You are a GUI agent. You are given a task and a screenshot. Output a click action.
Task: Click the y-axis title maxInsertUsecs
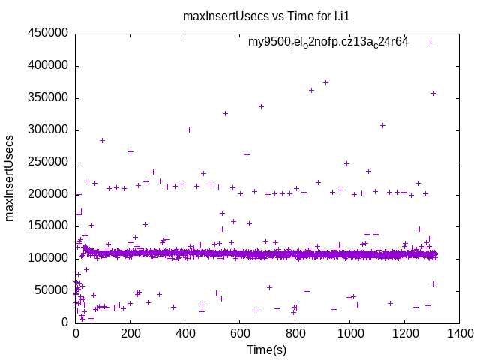coord(10,178)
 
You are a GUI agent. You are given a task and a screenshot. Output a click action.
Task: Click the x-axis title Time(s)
coord(267,349)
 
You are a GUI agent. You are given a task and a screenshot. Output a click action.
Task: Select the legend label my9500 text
coord(328,42)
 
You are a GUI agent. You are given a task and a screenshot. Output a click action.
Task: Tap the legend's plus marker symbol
coord(430,43)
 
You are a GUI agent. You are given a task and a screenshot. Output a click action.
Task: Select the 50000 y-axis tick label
coord(51,290)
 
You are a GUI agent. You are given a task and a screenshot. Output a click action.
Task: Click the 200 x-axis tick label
coord(130,334)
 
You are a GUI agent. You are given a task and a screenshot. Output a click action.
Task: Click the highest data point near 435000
coord(430,43)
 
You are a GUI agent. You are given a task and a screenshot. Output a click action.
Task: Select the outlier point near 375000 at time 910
coord(325,82)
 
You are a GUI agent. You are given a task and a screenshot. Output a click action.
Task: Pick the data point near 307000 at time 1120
coord(382,125)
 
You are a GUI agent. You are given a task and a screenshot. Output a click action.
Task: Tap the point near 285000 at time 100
coord(103,140)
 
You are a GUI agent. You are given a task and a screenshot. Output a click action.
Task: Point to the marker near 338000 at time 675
coord(261,106)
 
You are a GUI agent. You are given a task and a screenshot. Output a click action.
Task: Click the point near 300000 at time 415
coord(190,130)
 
